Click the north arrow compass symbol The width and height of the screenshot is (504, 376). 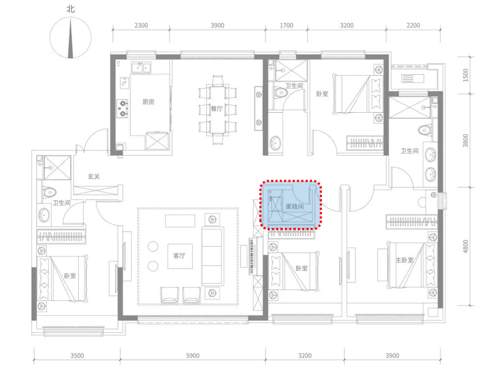(70, 38)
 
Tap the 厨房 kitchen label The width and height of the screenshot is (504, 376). (148, 102)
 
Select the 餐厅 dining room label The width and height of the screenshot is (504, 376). (217, 109)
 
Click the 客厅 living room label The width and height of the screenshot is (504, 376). (179, 256)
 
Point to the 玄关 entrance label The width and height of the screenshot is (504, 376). (94, 176)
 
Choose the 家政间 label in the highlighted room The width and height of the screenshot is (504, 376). (295, 206)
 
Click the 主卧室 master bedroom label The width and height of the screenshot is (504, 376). (404, 260)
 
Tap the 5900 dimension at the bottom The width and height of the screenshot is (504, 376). (193, 355)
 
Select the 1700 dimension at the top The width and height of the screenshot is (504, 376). (287, 25)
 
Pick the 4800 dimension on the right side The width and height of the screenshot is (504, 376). (466, 247)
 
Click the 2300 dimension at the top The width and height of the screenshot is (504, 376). (141, 25)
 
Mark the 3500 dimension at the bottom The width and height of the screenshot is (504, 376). (77, 355)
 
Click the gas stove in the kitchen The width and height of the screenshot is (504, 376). (122, 108)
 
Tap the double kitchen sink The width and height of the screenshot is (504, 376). (141, 68)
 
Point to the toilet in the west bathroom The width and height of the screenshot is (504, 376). (49, 192)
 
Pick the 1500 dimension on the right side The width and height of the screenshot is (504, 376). (466, 75)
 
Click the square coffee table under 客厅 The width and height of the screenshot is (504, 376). (180, 256)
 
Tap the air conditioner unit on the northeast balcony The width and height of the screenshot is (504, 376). (413, 78)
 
